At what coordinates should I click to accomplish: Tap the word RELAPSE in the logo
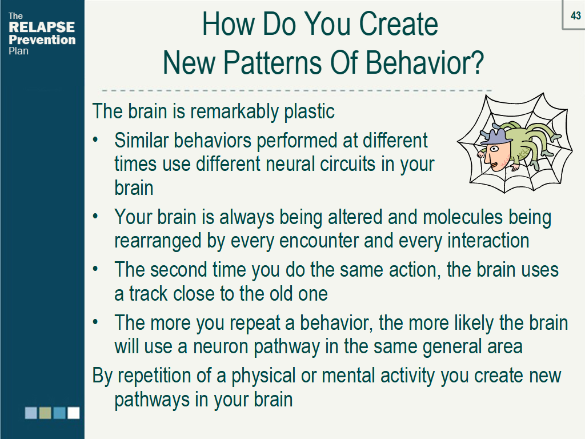(42, 27)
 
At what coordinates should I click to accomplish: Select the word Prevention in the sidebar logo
(42, 39)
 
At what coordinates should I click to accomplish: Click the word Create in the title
(398, 24)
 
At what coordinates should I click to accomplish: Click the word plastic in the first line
(309, 111)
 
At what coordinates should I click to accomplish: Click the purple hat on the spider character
(495, 136)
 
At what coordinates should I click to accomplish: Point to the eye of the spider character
(494, 149)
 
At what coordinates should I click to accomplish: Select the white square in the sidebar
(74, 413)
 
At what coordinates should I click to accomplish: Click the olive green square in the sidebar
(45, 413)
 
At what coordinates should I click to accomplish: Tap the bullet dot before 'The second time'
(95, 269)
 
